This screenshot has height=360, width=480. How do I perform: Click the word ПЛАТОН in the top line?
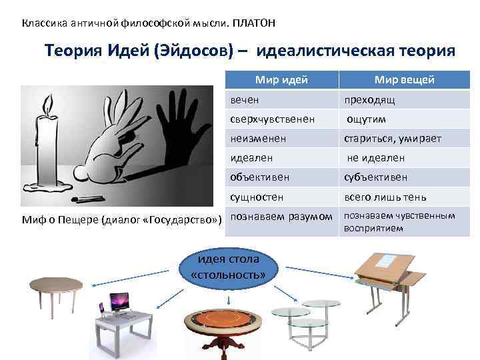coord(253,23)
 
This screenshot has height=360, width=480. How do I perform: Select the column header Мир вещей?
coord(404,80)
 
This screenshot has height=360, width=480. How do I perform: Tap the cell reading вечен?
coord(245,99)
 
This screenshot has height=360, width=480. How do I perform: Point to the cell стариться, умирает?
coord(392,139)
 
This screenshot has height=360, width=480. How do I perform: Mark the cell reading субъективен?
coord(375,177)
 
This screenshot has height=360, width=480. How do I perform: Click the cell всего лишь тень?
coord(385,197)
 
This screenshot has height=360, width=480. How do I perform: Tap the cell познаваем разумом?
coord(281,217)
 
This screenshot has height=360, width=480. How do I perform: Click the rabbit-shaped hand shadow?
coord(123,147)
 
